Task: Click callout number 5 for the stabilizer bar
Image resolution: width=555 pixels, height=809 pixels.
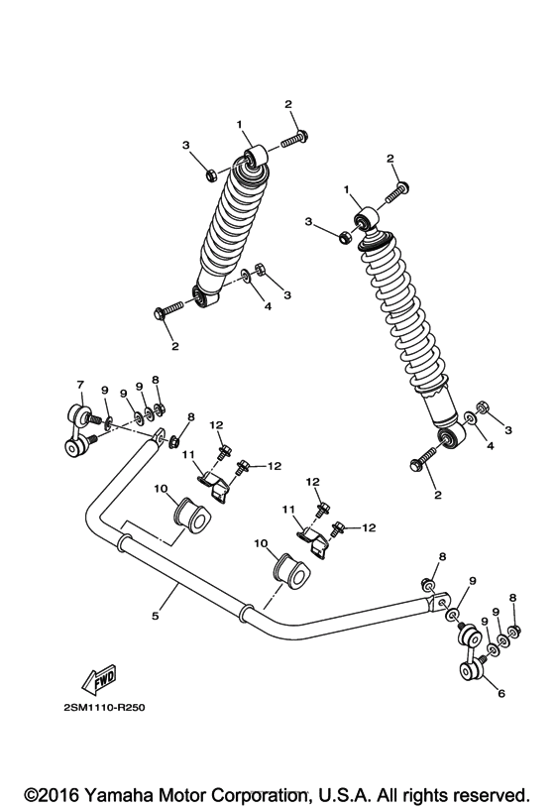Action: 155,615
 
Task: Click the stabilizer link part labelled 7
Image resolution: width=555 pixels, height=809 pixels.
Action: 78,428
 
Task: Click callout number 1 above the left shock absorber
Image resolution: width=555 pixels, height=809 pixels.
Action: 239,124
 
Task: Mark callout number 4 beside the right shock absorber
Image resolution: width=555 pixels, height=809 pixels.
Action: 489,446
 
